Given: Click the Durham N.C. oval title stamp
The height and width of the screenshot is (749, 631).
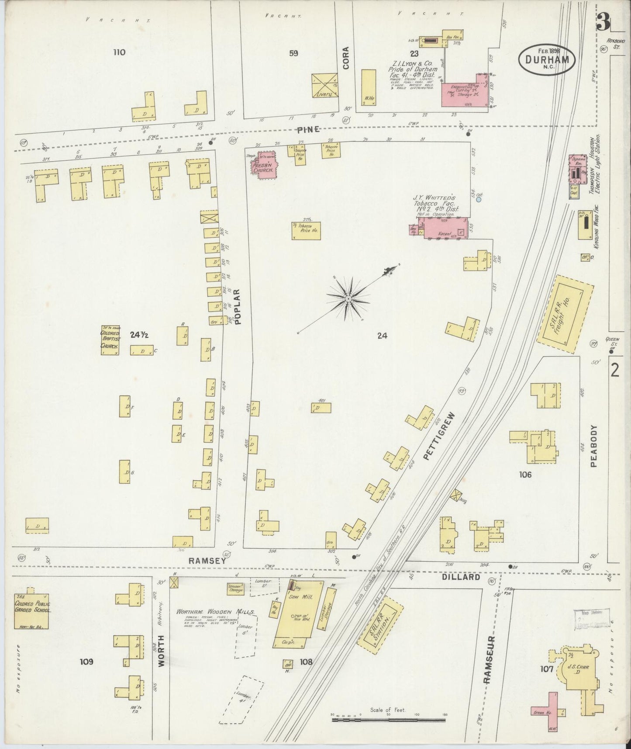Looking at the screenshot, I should (x=547, y=59).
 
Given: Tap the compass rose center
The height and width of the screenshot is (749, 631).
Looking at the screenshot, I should (x=348, y=299).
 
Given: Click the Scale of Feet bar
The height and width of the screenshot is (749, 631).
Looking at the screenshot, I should (x=388, y=719).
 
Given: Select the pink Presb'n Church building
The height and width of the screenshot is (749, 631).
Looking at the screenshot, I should (x=263, y=164).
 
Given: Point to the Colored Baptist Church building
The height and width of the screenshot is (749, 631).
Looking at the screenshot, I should (x=110, y=340).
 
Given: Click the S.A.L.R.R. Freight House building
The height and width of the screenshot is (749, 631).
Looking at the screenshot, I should (x=565, y=314).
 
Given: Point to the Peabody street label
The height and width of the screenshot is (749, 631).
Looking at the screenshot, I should (x=593, y=446).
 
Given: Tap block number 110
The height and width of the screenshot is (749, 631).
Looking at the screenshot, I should (x=119, y=52).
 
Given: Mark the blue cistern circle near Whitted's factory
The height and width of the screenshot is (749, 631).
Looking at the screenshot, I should (x=478, y=199).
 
